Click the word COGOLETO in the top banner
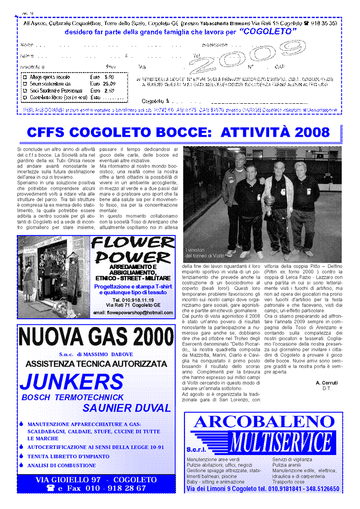click(268, 32)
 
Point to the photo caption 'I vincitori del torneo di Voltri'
click(205, 253)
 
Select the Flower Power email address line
click(133, 313)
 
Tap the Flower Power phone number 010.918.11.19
click(133, 300)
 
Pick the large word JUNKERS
click(71, 382)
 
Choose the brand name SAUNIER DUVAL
click(127, 409)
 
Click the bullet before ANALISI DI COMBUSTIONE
click(21, 465)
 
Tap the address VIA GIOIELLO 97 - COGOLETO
click(96, 480)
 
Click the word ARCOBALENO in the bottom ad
click(264, 422)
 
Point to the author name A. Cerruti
click(326, 382)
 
